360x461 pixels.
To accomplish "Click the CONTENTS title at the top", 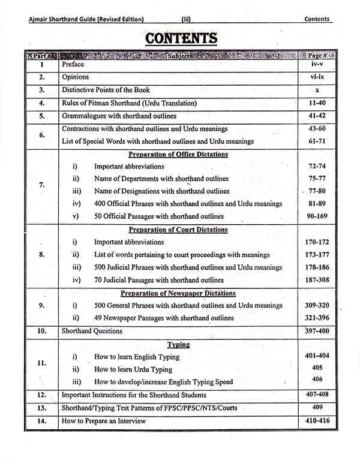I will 181,38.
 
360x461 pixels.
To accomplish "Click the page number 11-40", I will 317,103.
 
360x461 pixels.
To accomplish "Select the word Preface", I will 73,64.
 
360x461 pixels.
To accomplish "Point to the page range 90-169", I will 317,216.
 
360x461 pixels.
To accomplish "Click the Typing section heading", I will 178,345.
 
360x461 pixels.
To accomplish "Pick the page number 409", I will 317,408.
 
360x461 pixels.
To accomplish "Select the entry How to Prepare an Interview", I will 104,421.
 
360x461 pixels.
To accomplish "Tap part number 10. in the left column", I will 42,330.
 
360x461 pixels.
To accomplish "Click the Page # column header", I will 317,55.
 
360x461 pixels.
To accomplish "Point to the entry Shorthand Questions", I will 92,331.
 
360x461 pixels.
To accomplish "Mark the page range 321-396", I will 317,318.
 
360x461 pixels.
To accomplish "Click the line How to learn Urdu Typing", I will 133,369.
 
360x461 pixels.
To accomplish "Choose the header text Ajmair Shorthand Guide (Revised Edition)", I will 86,19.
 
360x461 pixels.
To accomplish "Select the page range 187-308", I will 317,280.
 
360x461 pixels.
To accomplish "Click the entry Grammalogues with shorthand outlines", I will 119,116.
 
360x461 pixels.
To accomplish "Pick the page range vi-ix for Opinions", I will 317,77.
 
